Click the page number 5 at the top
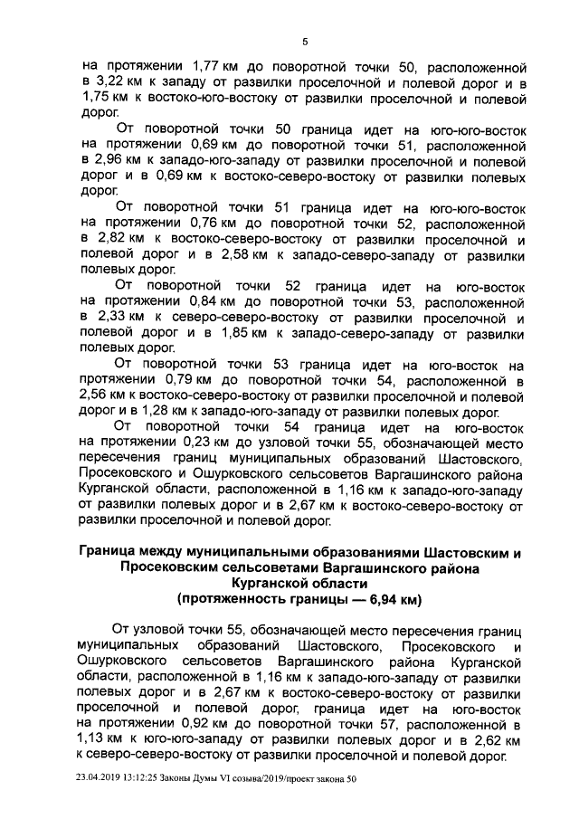point(304,42)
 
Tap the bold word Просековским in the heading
point(172,567)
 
